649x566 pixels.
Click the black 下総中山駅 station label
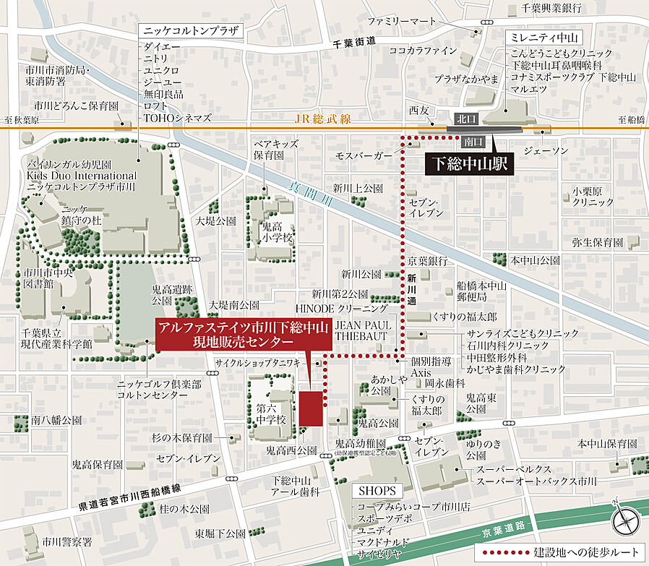[469, 163]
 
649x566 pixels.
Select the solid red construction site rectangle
[311, 409]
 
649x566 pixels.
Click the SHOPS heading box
[377, 491]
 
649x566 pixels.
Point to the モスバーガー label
[364, 155]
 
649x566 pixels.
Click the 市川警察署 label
[66, 541]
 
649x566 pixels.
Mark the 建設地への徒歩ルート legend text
[586, 553]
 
